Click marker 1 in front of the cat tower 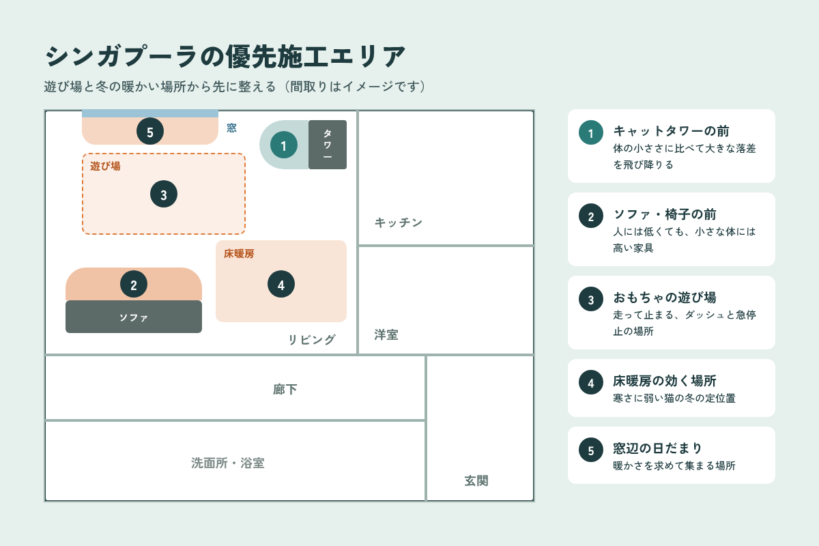(284, 145)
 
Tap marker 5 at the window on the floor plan (150, 131)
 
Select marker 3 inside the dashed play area (164, 194)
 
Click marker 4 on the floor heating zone (281, 284)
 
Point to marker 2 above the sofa (134, 284)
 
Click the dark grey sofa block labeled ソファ (134, 317)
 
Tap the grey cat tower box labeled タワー (328, 145)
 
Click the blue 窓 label (231, 128)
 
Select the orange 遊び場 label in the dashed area (105, 167)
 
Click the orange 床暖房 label (239, 253)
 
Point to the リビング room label (311, 340)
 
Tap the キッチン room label (399, 222)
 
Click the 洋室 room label (386, 334)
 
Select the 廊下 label (285, 390)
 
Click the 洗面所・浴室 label (228, 463)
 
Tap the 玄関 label (476, 481)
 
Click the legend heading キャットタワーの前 (672, 130)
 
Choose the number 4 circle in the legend (591, 382)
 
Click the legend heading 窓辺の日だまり (658, 448)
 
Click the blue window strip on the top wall (150, 113)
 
